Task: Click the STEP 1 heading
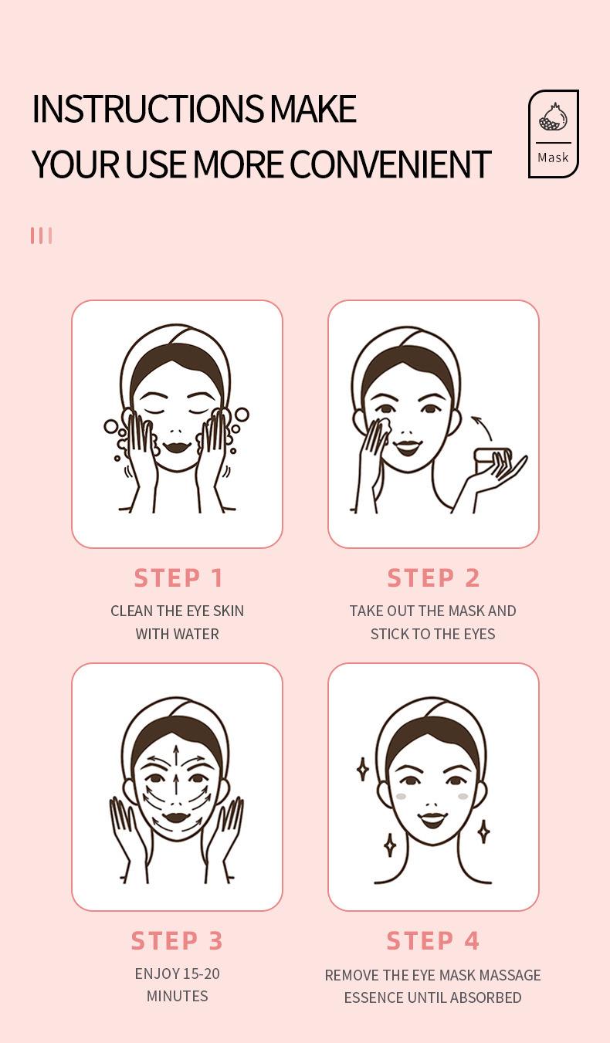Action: pos(178,577)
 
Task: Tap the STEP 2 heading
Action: pos(433,577)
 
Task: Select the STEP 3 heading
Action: pos(177,940)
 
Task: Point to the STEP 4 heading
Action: pos(433,940)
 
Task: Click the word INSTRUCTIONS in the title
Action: pos(148,109)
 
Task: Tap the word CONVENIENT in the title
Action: pos(390,164)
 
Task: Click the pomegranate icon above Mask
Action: pos(553,118)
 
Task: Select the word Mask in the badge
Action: pos(553,157)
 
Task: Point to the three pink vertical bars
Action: pos(42,235)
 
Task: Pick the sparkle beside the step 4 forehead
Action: pos(363,769)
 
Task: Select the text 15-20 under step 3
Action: pos(202,974)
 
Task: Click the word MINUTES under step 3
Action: pos(178,996)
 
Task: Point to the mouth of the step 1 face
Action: pos(177,448)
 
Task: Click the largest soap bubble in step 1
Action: pos(242,415)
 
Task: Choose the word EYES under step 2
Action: pos(480,634)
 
